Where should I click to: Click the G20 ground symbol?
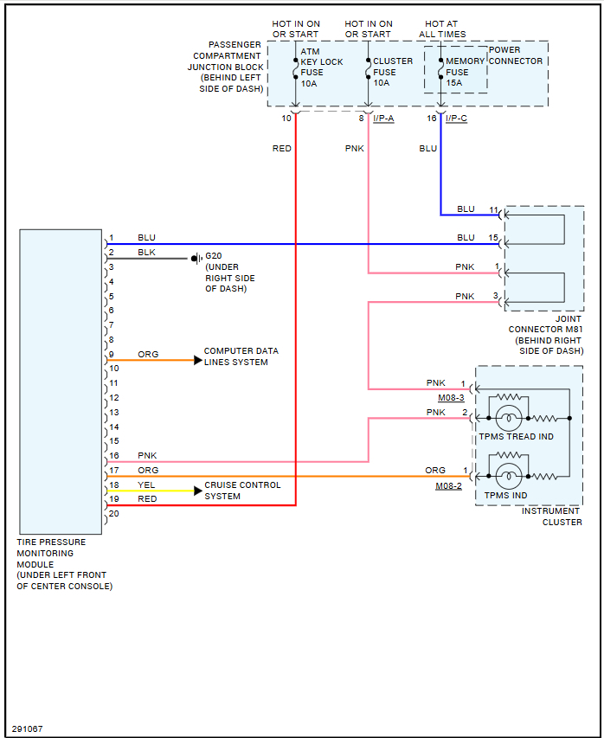point(196,258)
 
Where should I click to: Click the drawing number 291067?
point(27,728)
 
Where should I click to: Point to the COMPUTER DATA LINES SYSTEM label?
point(241,356)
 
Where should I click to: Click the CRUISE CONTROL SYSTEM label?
point(242,491)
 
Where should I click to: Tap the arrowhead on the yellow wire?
point(197,491)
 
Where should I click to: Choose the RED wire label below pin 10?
point(282,149)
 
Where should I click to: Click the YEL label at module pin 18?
point(147,485)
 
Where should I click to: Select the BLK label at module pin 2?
point(147,253)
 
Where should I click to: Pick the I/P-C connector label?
point(456,119)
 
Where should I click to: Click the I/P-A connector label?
point(383,119)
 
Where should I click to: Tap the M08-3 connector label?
point(451,398)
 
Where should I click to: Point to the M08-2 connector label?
point(448,487)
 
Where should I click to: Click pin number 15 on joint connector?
point(493,237)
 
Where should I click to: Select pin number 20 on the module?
point(114,514)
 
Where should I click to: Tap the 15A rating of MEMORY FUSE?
point(454,83)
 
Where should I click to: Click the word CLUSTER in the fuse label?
point(393,61)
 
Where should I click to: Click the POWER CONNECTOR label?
point(516,55)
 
